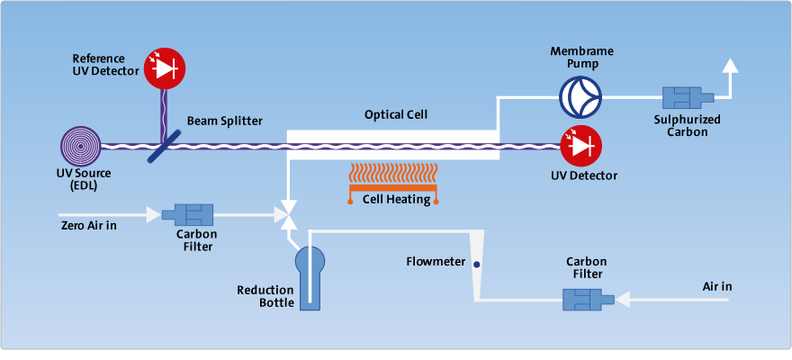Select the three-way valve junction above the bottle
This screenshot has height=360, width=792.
tap(286, 216)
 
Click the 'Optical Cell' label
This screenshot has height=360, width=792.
tap(396, 115)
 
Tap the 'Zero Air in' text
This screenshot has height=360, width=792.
tap(88, 225)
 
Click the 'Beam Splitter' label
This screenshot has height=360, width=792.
tap(225, 121)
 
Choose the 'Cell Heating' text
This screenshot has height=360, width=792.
tap(396, 199)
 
